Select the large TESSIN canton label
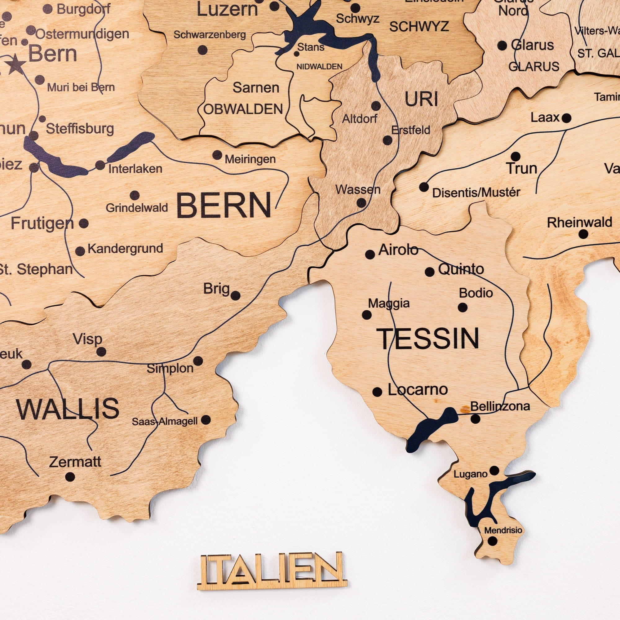coord(428,339)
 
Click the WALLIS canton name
coord(68,409)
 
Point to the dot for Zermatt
coord(70,477)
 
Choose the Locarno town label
coord(418,390)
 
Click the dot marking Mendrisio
coord(492,541)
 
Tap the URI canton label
coord(421,99)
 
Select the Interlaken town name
coord(135,169)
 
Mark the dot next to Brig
coord(236,295)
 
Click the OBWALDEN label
coord(243,109)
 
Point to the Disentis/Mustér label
coord(476,193)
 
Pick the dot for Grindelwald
coord(135,195)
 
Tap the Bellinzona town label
coord(500,406)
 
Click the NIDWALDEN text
coord(319,67)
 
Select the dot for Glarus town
coord(502,45)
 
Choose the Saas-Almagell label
coord(165,421)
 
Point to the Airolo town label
coord(398,250)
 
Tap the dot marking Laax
coord(566,118)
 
